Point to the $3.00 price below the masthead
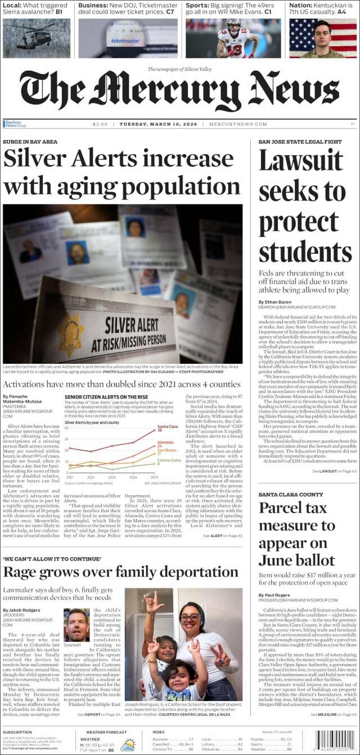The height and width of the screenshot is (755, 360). pos(100,124)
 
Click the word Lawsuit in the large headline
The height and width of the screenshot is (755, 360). pos(300,161)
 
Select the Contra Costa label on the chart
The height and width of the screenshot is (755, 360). pos(169,460)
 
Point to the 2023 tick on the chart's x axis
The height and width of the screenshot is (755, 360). pos(112,477)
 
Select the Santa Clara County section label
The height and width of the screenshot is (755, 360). pos(291,495)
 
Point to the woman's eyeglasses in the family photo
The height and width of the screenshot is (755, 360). pos(190,617)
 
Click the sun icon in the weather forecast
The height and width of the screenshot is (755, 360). pos(128,745)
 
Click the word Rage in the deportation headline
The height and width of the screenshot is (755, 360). pos(22,573)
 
